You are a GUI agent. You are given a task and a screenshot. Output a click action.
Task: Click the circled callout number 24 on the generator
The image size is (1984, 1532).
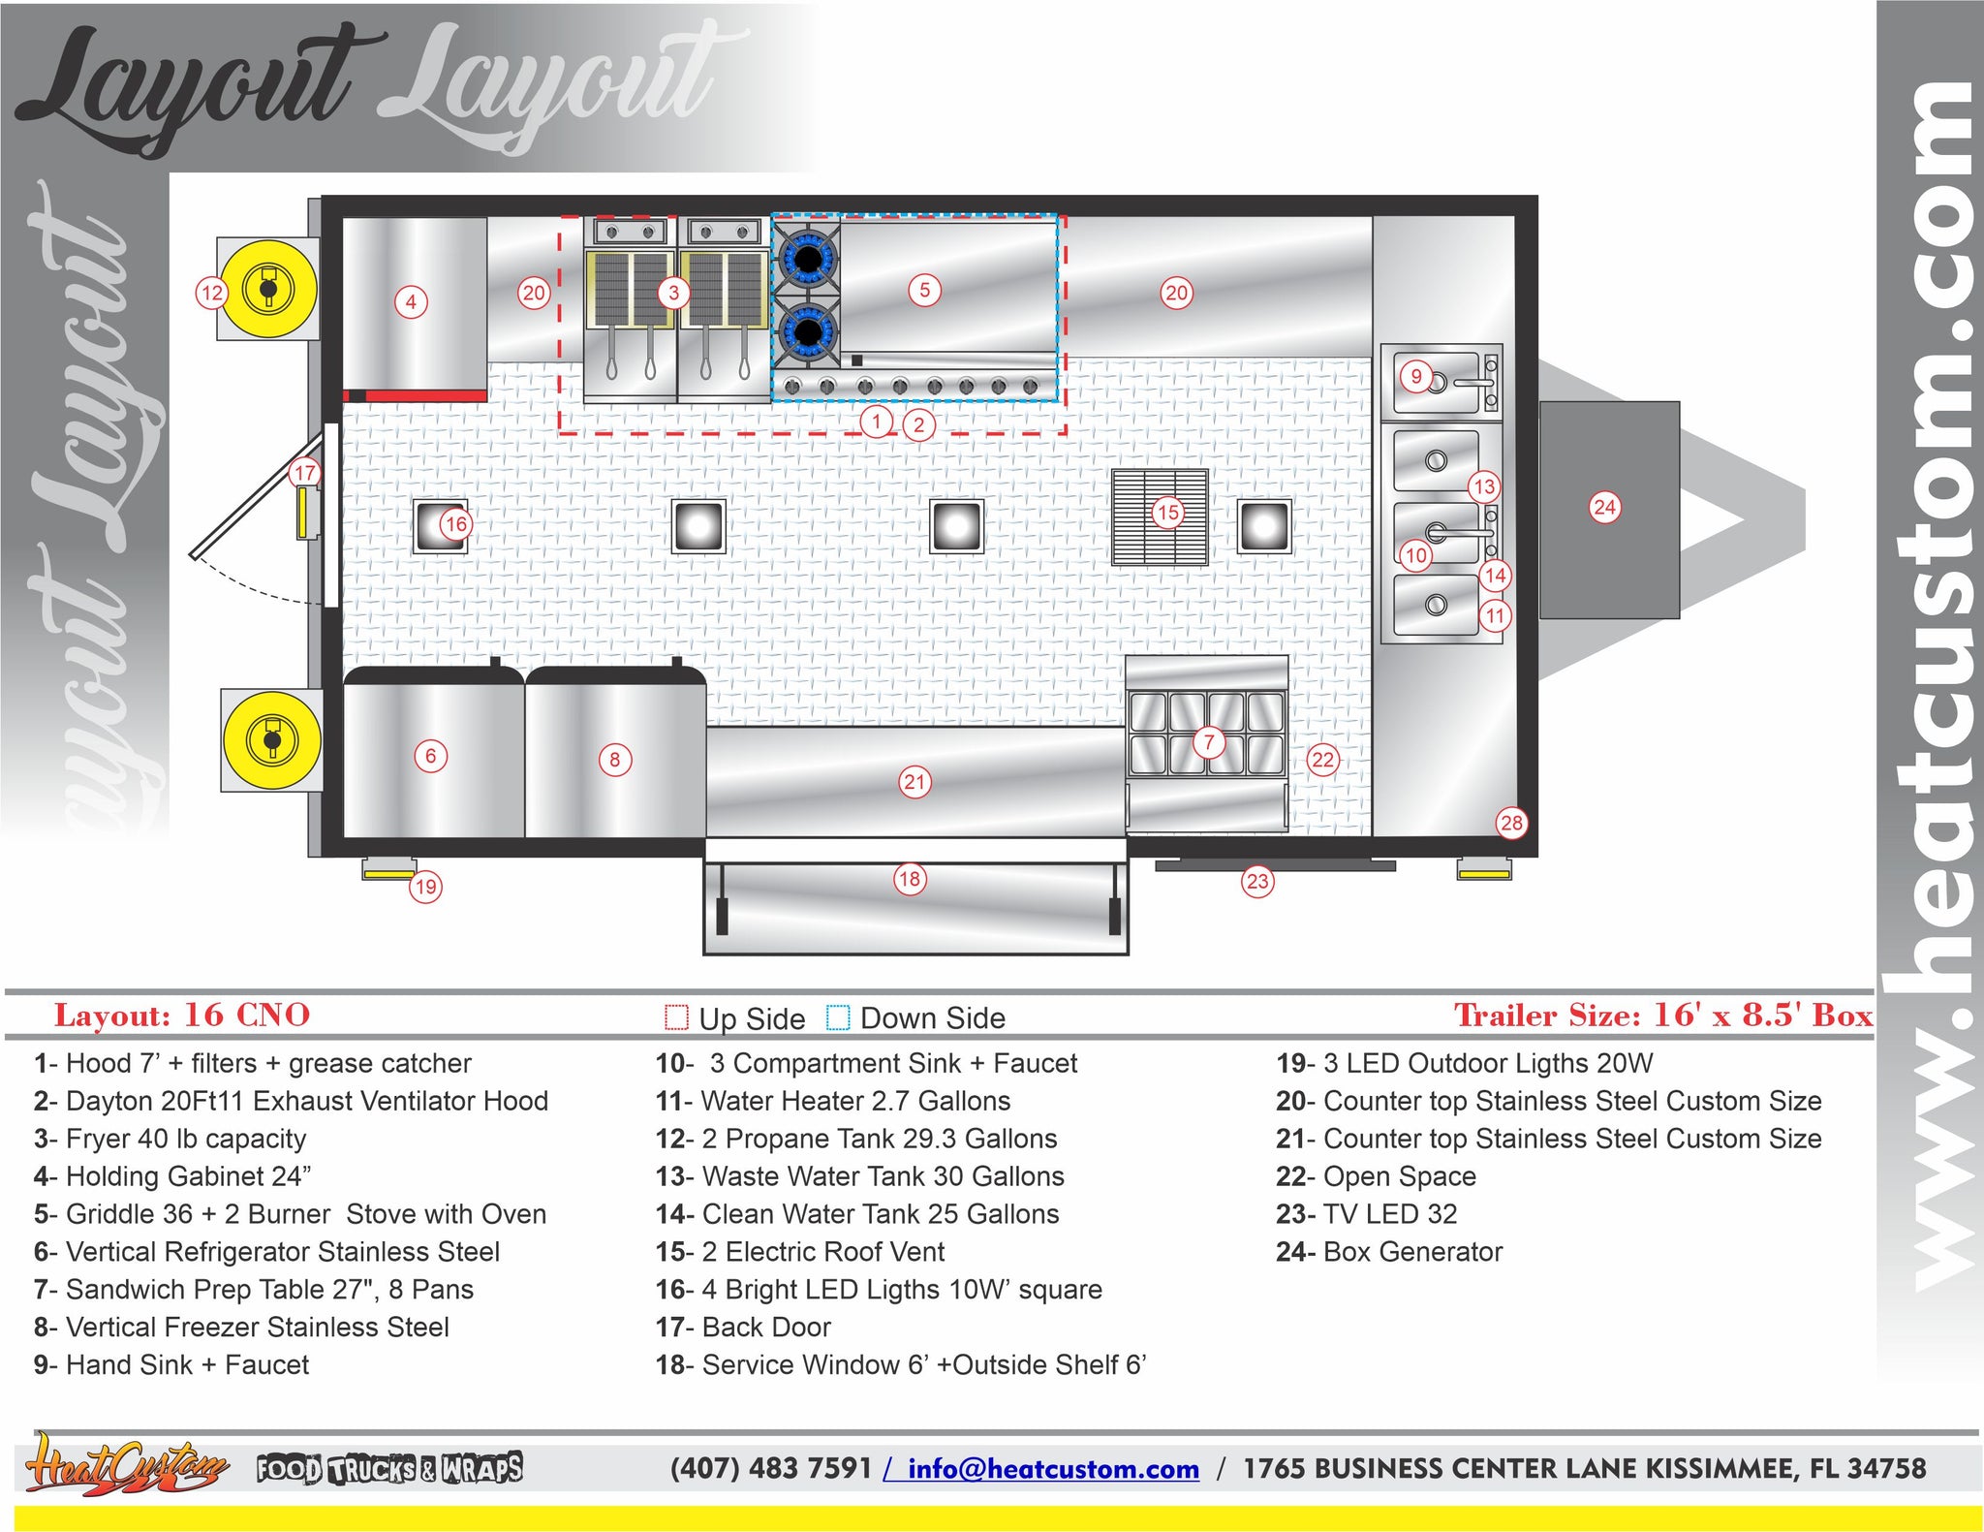(1605, 507)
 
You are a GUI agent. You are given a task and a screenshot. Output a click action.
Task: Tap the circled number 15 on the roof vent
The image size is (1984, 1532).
(1168, 512)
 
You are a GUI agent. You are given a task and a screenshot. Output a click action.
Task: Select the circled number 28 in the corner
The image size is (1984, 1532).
(1511, 823)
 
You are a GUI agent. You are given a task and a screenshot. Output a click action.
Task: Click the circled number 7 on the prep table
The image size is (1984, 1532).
(1209, 742)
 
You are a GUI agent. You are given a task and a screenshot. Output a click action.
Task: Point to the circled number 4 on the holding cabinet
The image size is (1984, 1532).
(411, 302)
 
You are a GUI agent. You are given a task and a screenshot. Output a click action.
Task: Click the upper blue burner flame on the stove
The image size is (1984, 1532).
(806, 257)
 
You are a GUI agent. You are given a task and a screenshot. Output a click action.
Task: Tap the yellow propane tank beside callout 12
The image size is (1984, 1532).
(268, 288)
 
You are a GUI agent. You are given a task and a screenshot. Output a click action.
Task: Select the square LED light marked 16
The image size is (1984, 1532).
(440, 526)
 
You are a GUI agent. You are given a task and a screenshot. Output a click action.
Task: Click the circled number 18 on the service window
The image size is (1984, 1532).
(909, 879)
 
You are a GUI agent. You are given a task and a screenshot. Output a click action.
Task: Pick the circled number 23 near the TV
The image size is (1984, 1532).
(1257, 881)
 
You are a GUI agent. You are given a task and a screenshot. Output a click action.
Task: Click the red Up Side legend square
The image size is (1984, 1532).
(676, 1017)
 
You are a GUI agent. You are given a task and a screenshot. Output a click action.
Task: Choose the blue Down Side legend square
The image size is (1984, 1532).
(838, 1017)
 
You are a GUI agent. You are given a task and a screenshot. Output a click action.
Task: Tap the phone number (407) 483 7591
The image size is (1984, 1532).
(771, 1468)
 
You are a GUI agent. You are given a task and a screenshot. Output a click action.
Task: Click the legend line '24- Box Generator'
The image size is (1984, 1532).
(1389, 1252)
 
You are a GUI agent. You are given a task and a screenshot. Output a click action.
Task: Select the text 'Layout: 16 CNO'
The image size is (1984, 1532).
(182, 1015)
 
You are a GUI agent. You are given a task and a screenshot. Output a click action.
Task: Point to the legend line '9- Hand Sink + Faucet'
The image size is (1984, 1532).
(171, 1364)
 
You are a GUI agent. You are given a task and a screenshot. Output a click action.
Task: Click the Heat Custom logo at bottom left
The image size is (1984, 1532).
(126, 1465)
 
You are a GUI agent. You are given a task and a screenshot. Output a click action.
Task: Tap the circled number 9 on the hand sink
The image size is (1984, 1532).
(1416, 376)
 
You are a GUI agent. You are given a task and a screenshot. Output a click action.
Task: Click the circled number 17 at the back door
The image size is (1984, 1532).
(305, 473)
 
